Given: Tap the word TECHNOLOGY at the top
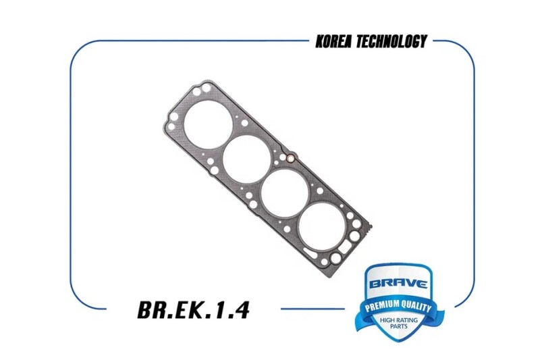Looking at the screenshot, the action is pyautogui.click(x=392, y=41).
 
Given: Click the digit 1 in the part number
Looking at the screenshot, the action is pyautogui.click(x=218, y=310).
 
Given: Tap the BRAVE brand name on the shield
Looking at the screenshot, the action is pyautogui.click(x=398, y=284).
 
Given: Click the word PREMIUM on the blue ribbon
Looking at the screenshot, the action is pyautogui.click(x=381, y=305).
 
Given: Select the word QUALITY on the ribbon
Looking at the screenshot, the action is pyautogui.click(x=416, y=307).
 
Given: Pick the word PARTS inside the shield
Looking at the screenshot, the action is pyautogui.click(x=399, y=326).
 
